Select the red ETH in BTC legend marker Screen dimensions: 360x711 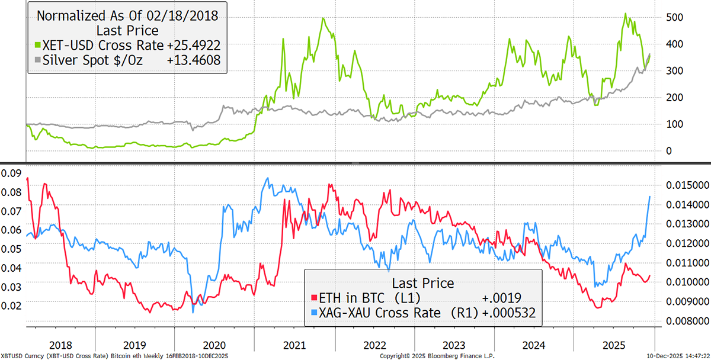[x=314, y=298]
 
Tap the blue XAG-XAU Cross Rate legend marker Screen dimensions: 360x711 [x=314, y=313]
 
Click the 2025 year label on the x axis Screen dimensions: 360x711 [x=612, y=343]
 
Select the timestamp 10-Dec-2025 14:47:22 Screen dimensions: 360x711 [x=677, y=356]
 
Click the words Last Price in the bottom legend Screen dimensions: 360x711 [x=422, y=282]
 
